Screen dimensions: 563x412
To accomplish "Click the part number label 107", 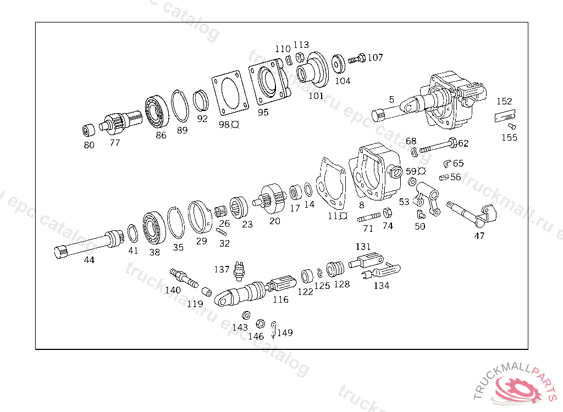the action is (376, 57).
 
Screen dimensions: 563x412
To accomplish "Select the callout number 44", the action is (89, 260).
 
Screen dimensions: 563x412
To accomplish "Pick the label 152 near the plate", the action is (504, 101).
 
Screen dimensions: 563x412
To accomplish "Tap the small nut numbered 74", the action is (387, 213).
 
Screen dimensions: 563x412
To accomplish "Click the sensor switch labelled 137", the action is (239, 270).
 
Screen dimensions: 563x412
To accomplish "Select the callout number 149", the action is (285, 332).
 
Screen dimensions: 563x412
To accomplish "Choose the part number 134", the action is (381, 286).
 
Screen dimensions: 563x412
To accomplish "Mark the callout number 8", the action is (361, 205).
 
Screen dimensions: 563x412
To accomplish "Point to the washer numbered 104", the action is (339, 63).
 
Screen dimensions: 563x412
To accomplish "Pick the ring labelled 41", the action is (133, 233).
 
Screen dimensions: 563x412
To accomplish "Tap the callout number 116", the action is (280, 299).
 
